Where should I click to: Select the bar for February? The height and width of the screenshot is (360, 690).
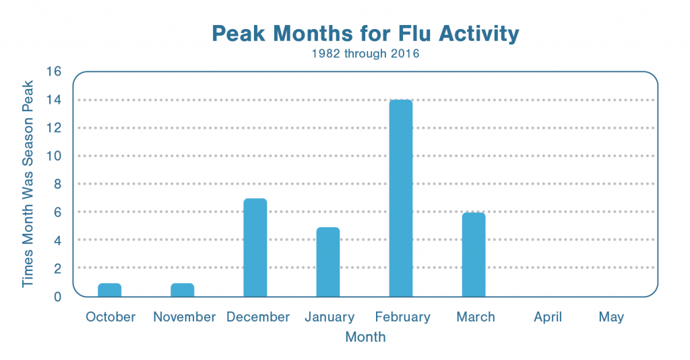coord(401,198)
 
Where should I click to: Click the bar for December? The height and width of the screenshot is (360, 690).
coord(255,247)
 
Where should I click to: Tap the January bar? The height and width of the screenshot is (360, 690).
coord(328,262)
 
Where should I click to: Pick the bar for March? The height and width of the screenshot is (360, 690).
coord(474,254)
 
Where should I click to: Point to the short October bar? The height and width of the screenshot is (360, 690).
coord(110,290)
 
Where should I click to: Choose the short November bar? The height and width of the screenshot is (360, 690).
coord(182,290)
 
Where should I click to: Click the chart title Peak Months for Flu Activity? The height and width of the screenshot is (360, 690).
coord(365,34)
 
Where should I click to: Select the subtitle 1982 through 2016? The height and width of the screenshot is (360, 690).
coord(365,54)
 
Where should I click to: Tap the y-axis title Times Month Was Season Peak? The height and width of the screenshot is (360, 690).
coord(28,184)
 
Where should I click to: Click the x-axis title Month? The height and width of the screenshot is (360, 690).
coord(365,337)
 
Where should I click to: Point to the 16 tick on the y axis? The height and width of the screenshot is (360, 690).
coord(54,71)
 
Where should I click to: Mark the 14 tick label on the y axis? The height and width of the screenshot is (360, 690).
coord(54,100)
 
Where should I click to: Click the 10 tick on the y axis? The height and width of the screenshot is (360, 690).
coord(54,156)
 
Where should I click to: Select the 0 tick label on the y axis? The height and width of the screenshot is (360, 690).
coord(58,297)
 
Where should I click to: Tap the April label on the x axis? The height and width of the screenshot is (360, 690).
coord(548,318)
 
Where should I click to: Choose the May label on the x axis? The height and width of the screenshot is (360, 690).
coord(611,318)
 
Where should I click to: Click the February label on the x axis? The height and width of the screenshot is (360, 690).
coord(403,318)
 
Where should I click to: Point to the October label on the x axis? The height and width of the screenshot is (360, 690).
coord(111,317)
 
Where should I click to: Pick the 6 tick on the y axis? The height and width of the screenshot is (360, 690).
coord(58,212)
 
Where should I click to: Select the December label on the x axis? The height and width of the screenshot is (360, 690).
coord(258,317)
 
